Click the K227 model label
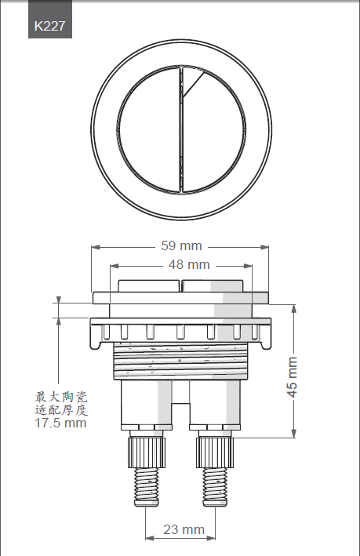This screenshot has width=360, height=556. (x=49, y=26)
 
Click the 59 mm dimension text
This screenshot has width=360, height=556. (x=181, y=245)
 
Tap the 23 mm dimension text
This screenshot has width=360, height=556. (x=184, y=529)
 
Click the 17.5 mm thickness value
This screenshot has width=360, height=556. (x=60, y=423)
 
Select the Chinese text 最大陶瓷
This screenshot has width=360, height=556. (x=60, y=397)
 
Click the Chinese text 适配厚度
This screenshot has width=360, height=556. (x=60, y=410)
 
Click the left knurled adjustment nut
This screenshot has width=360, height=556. (x=147, y=451)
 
